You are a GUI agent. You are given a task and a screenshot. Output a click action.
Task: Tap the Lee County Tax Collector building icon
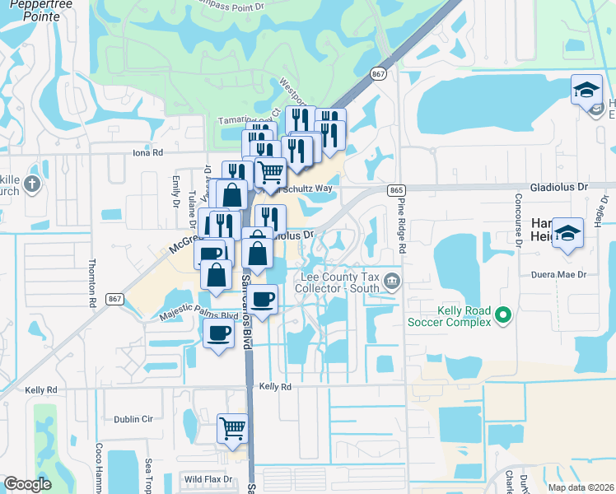[393, 282]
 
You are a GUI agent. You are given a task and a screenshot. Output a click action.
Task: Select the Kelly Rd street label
[275, 386]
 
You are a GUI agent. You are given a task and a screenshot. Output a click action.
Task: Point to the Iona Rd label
[148, 152]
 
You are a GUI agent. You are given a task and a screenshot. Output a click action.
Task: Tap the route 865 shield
[396, 190]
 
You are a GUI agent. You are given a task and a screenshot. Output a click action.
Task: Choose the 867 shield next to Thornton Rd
[114, 299]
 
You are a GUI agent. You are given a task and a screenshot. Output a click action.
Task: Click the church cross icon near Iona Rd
[32, 184]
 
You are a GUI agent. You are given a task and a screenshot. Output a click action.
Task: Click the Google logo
[27, 484]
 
